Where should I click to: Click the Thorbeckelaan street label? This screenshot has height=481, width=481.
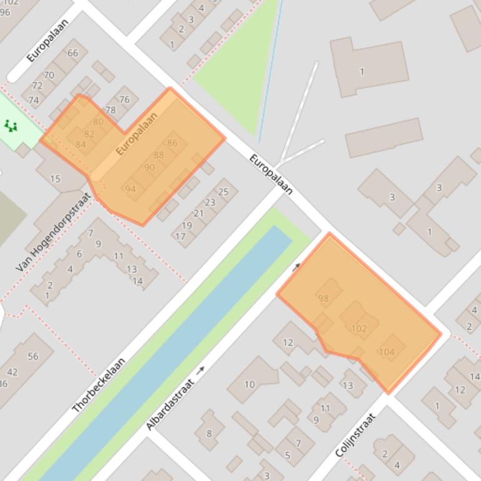point(99,385)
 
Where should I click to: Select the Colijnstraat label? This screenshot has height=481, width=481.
point(355,435)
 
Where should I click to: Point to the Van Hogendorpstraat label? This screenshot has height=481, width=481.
point(54,232)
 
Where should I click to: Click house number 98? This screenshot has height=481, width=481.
point(323,299)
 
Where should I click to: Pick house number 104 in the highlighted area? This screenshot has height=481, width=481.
point(387,352)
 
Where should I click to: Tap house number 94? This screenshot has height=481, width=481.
point(130,189)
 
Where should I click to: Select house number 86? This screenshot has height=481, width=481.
point(172,142)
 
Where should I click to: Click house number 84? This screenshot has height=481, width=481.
point(81,144)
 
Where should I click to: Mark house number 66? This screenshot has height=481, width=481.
point(73,53)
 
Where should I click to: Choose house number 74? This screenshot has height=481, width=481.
point(33,100)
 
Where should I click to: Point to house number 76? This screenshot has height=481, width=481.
point(124,99)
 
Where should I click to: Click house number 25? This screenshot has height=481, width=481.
point(224,192)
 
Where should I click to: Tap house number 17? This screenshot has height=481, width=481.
point(180,236)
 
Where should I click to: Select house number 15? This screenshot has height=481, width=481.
point(55,179)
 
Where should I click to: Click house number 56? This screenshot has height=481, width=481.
point(32,356)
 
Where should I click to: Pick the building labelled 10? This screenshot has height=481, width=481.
point(249,384)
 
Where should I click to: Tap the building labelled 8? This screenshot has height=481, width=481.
point(209,433)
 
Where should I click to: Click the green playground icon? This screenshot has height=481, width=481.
point(11,126)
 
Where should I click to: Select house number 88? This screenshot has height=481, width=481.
point(158,155)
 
